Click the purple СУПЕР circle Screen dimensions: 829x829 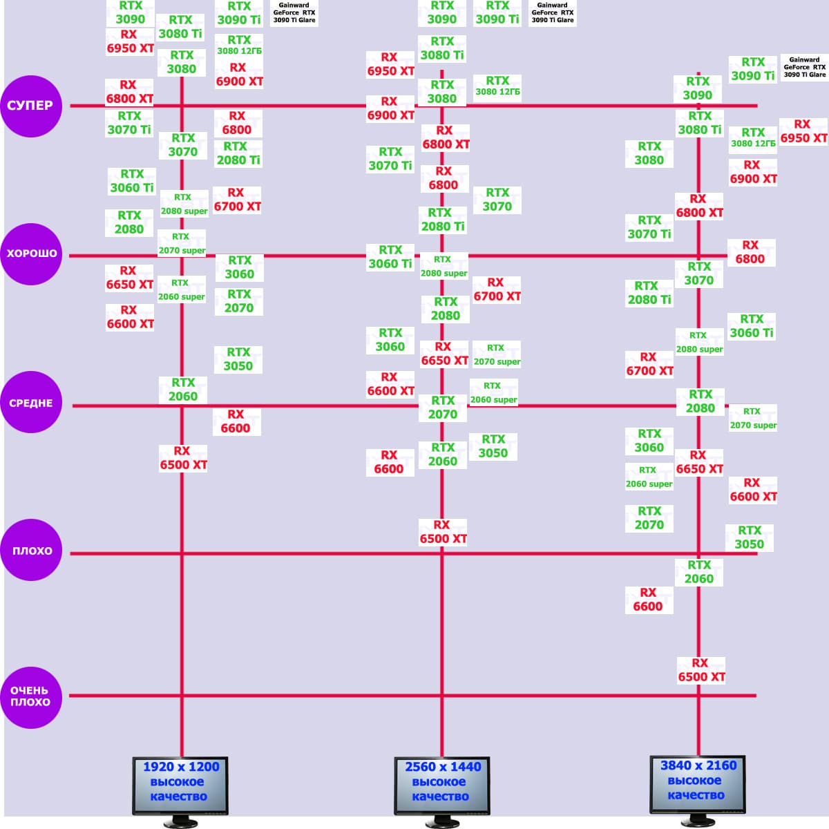31,106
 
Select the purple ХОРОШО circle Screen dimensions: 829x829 31,254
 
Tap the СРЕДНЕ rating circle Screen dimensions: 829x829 31,403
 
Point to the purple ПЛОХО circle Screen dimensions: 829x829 31,551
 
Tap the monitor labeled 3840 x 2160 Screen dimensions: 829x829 698,785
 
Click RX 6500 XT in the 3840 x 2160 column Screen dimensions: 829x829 701,670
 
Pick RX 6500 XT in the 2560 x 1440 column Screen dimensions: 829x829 443,532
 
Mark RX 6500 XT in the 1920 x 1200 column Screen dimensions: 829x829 183,458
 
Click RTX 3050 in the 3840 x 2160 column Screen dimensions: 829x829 750,537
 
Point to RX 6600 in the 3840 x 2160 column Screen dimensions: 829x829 648,600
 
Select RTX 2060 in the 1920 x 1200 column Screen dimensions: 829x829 183,390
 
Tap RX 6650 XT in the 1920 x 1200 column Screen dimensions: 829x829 129,278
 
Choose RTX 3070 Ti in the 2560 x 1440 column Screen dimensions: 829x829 390,159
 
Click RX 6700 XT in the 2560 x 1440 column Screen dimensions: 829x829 497,289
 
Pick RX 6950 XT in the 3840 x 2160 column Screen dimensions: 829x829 803,131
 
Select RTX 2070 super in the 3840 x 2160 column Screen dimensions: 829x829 753,419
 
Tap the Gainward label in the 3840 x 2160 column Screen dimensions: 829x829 804,68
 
